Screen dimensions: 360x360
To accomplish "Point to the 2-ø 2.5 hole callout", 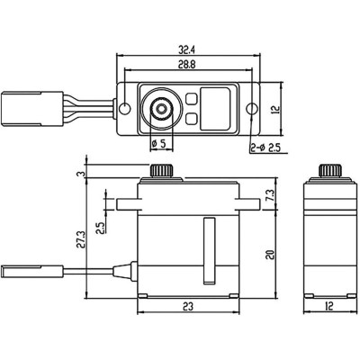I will [265, 144].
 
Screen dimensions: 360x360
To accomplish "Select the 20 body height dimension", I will [269, 255].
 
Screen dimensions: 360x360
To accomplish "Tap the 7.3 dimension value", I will [269, 194].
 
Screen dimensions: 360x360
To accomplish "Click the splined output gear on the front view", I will [162, 172].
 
